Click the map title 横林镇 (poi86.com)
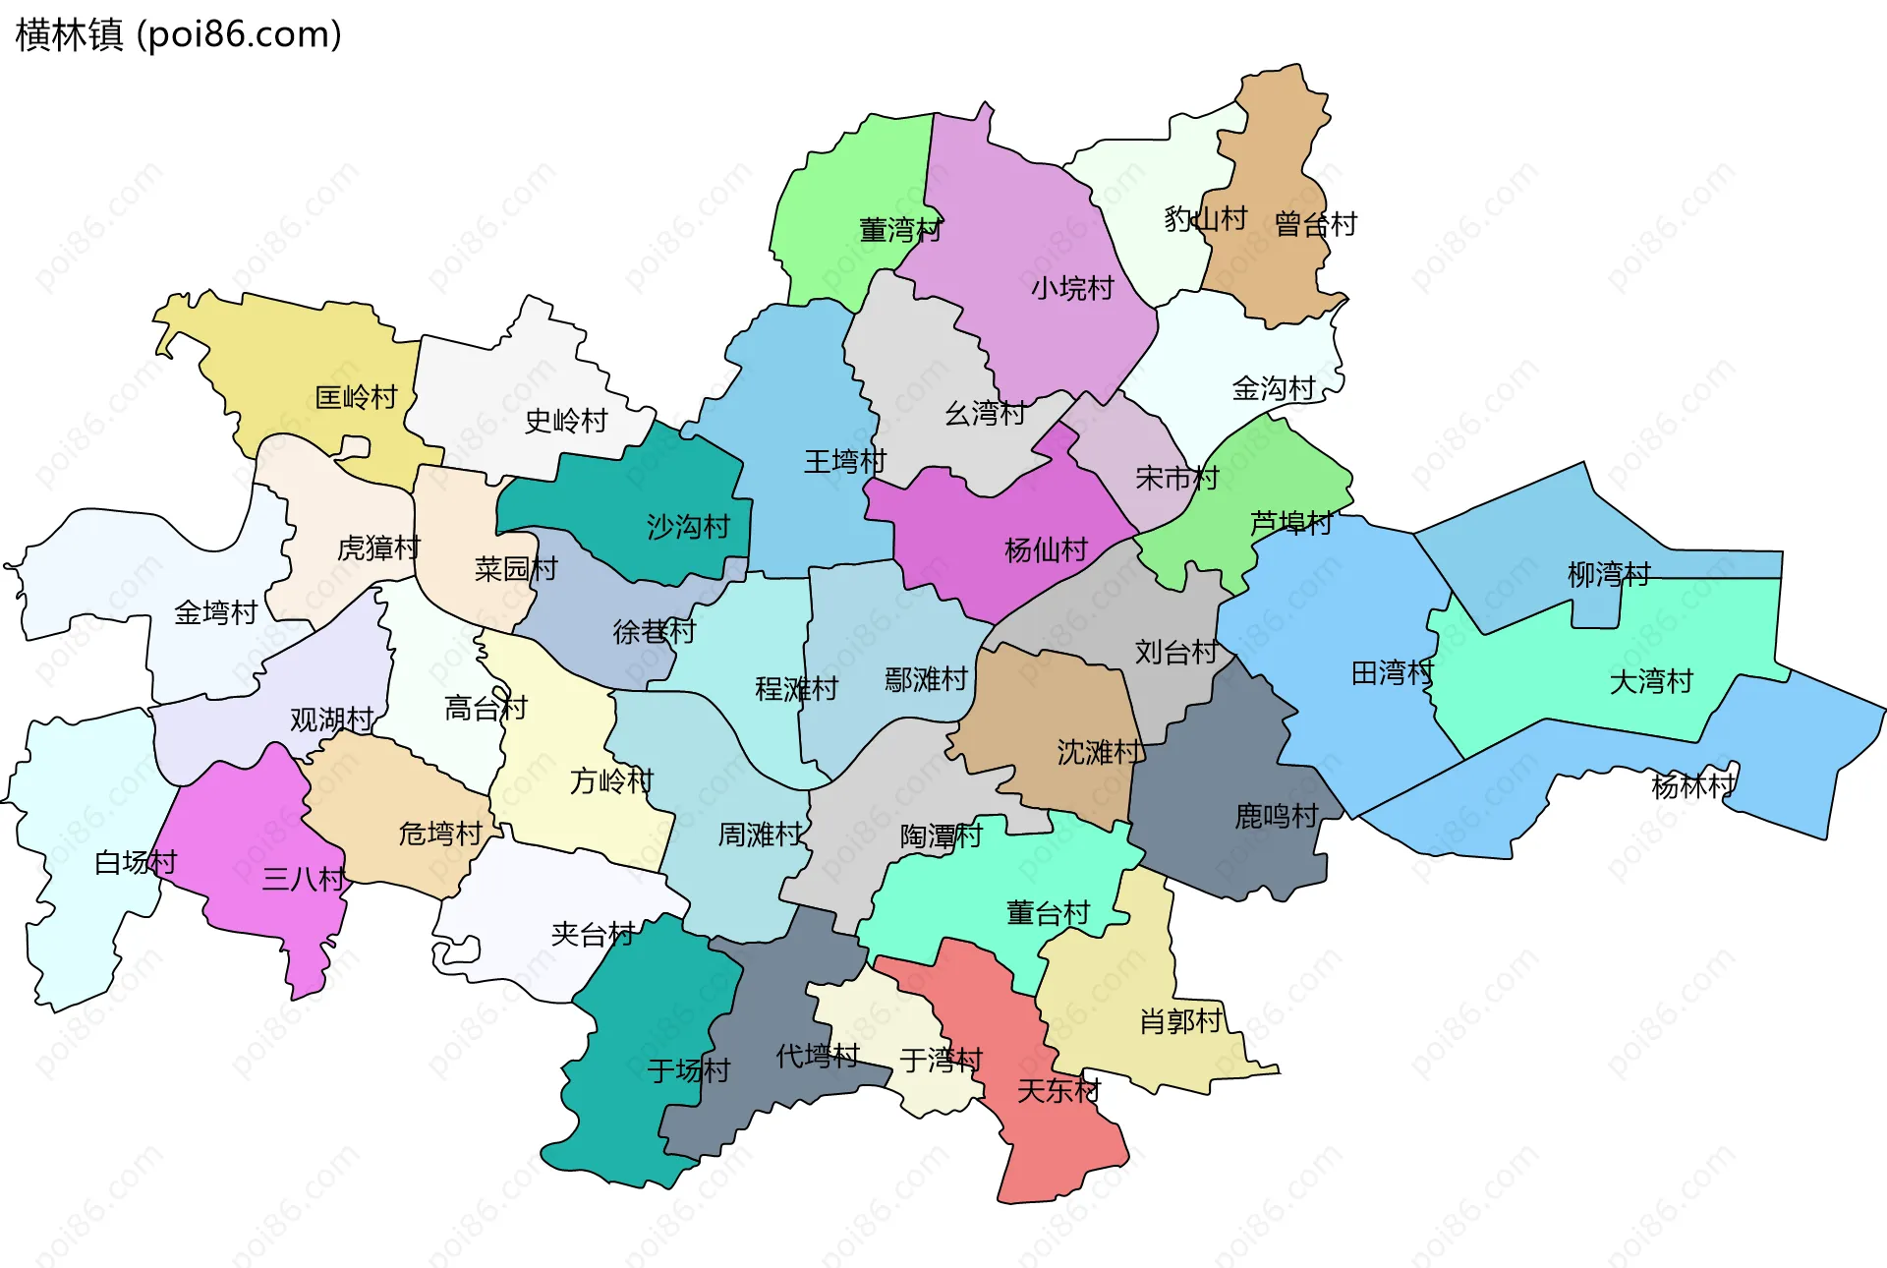(178, 34)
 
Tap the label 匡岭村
(356, 397)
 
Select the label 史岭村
(566, 421)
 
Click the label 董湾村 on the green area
(900, 230)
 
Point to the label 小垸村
(1072, 288)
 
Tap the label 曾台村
(1315, 224)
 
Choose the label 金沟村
(1274, 388)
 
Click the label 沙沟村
(688, 527)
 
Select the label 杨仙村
(1046, 549)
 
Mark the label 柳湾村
(1609, 574)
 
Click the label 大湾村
(1651, 681)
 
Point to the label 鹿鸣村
(1276, 816)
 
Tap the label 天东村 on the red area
(1058, 1090)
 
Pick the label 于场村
(688, 1070)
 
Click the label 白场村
(136, 862)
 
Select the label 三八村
(304, 878)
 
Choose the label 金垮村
(215, 612)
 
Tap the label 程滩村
(796, 688)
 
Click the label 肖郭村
(1180, 1021)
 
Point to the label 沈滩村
(1099, 752)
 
